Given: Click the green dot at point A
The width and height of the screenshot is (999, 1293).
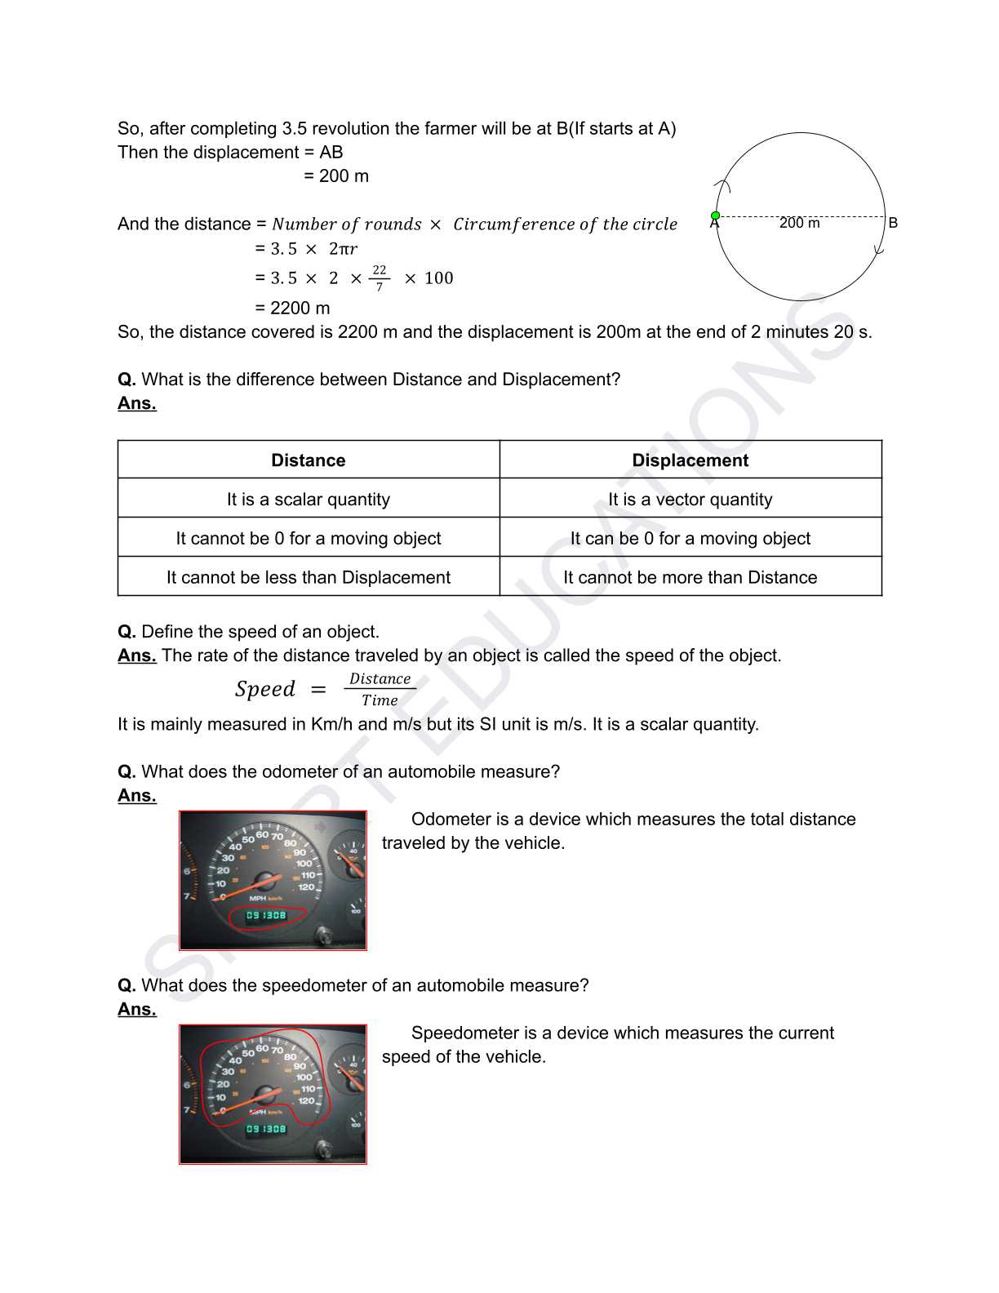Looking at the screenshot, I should pyautogui.click(x=715, y=216).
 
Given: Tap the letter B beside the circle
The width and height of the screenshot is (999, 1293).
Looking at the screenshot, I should pyautogui.click(x=893, y=223).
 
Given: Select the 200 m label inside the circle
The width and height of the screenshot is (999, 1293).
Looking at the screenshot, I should pyautogui.click(x=799, y=223).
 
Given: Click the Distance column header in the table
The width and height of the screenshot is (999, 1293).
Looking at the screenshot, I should pyautogui.click(x=308, y=460).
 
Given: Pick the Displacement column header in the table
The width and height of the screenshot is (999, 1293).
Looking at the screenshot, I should pyautogui.click(x=690, y=460).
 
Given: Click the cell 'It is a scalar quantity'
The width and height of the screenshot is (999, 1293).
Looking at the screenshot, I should pyautogui.click(x=308, y=500).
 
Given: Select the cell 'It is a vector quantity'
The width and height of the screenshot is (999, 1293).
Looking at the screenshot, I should pyautogui.click(x=690, y=500).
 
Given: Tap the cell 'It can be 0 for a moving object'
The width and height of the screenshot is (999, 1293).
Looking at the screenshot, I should pyautogui.click(x=690, y=539).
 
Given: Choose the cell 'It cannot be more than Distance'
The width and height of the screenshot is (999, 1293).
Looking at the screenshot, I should pyautogui.click(x=690, y=578).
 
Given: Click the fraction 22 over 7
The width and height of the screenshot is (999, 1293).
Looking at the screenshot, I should pyautogui.click(x=379, y=278).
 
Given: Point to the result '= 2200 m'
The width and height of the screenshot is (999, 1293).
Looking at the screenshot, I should pyautogui.click(x=292, y=309).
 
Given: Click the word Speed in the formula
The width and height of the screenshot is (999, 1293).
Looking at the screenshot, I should pyautogui.click(x=264, y=689).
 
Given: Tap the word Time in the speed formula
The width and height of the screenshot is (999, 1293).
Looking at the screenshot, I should pyautogui.click(x=380, y=700).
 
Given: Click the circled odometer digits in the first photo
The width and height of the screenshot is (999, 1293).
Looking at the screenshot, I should pyautogui.click(x=266, y=916).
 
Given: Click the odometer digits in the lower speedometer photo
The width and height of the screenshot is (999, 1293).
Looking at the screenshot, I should pyautogui.click(x=266, y=1129).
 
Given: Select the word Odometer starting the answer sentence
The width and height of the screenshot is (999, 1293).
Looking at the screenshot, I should pyautogui.click(x=449, y=820).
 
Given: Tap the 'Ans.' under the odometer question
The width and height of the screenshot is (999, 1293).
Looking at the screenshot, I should pyautogui.click(x=136, y=796).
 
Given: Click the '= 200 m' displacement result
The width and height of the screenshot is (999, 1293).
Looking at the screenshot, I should pyautogui.click(x=336, y=176).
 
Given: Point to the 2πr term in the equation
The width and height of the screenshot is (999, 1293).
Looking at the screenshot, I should pyautogui.click(x=343, y=249).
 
